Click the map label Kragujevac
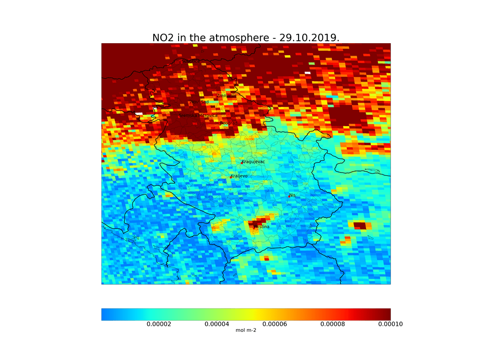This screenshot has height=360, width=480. (x=254, y=162)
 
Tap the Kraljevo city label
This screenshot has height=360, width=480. (x=239, y=176)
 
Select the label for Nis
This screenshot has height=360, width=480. (x=292, y=195)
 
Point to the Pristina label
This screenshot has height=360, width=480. (x=262, y=227)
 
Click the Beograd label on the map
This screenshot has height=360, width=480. (x=229, y=123)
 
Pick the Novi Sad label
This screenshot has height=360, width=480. (x=199, y=102)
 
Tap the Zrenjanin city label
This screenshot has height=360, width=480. (x=226, y=96)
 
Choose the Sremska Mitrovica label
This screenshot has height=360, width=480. (x=198, y=115)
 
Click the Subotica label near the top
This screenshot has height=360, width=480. (x=191, y=61)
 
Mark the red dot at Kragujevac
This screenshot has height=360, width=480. (x=242, y=163)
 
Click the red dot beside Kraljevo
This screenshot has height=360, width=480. (x=231, y=177)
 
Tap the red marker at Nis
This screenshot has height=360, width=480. (x=289, y=196)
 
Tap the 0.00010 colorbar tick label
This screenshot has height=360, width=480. (x=390, y=324)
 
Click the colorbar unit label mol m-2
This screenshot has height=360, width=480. (x=246, y=330)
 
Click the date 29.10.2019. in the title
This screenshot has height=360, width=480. (x=309, y=37)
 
